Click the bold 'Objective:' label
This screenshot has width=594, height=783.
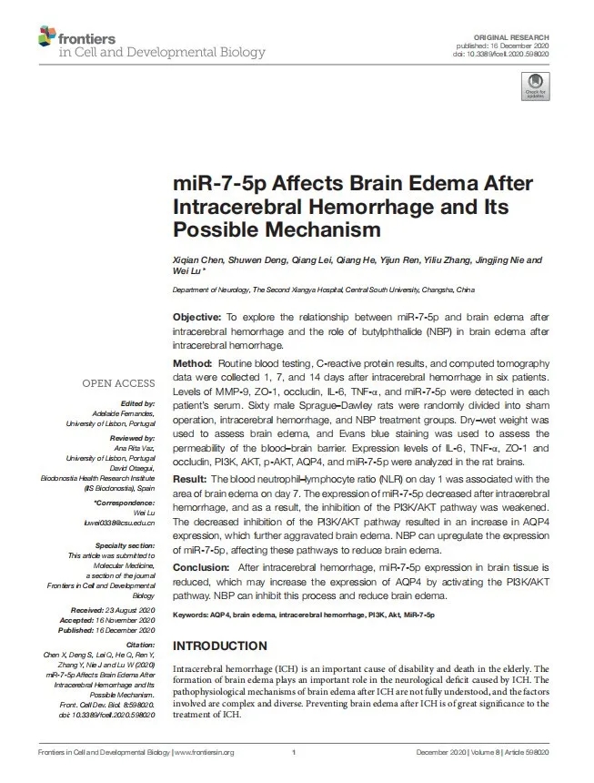pyautogui.click(x=197, y=317)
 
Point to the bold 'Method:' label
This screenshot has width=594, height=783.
pyautogui.click(x=193, y=363)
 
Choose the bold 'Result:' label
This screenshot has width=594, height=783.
pyautogui.click(x=191, y=478)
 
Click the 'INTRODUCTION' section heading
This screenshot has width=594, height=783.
pyautogui.click(x=220, y=646)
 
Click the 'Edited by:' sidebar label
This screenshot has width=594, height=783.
pyautogui.click(x=136, y=403)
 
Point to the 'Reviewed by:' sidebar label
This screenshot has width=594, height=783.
pyautogui.click(x=131, y=438)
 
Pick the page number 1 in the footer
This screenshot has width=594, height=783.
pyautogui.click(x=295, y=752)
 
